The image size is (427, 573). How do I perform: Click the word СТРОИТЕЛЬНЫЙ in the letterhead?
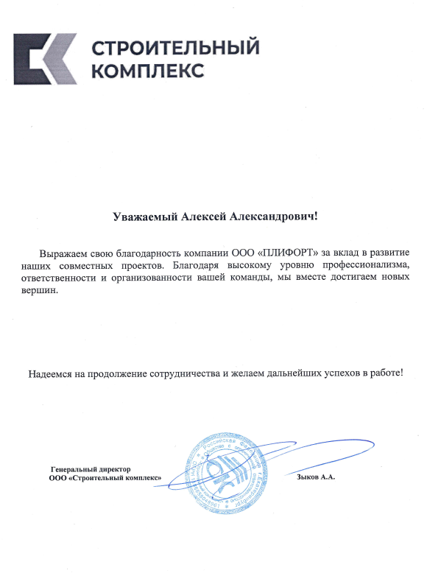(175, 49)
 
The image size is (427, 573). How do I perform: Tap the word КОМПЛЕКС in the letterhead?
(148, 71)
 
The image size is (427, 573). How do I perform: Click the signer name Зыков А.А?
(315, 477)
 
